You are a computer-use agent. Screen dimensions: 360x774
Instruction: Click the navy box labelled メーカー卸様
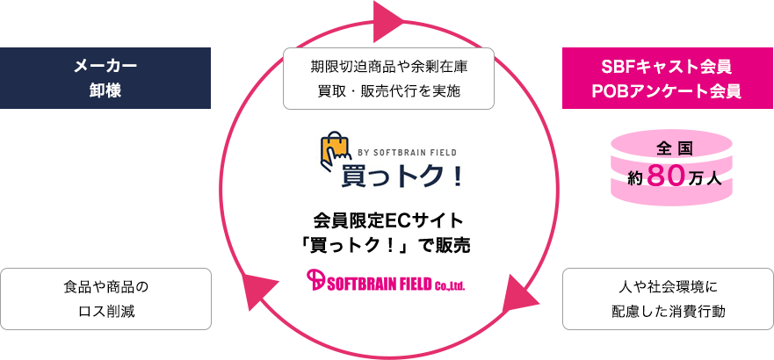tap(105, 78)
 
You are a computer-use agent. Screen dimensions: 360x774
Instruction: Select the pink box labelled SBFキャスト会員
tap(668, 78)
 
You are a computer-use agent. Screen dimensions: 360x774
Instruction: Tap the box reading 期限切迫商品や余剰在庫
tap(387, 78)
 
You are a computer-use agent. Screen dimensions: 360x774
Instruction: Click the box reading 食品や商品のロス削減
tap(105, 299)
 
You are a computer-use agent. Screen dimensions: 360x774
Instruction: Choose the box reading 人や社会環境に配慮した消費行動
tap(668, 299)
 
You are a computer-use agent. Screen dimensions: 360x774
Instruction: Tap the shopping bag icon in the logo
tap(337, 152)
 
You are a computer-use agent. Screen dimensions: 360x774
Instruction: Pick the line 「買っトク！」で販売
tap(387, 245)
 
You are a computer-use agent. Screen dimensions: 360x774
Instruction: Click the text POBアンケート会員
tap(668, 90)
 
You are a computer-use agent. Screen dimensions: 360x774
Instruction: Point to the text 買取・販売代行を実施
tap(387, 90)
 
